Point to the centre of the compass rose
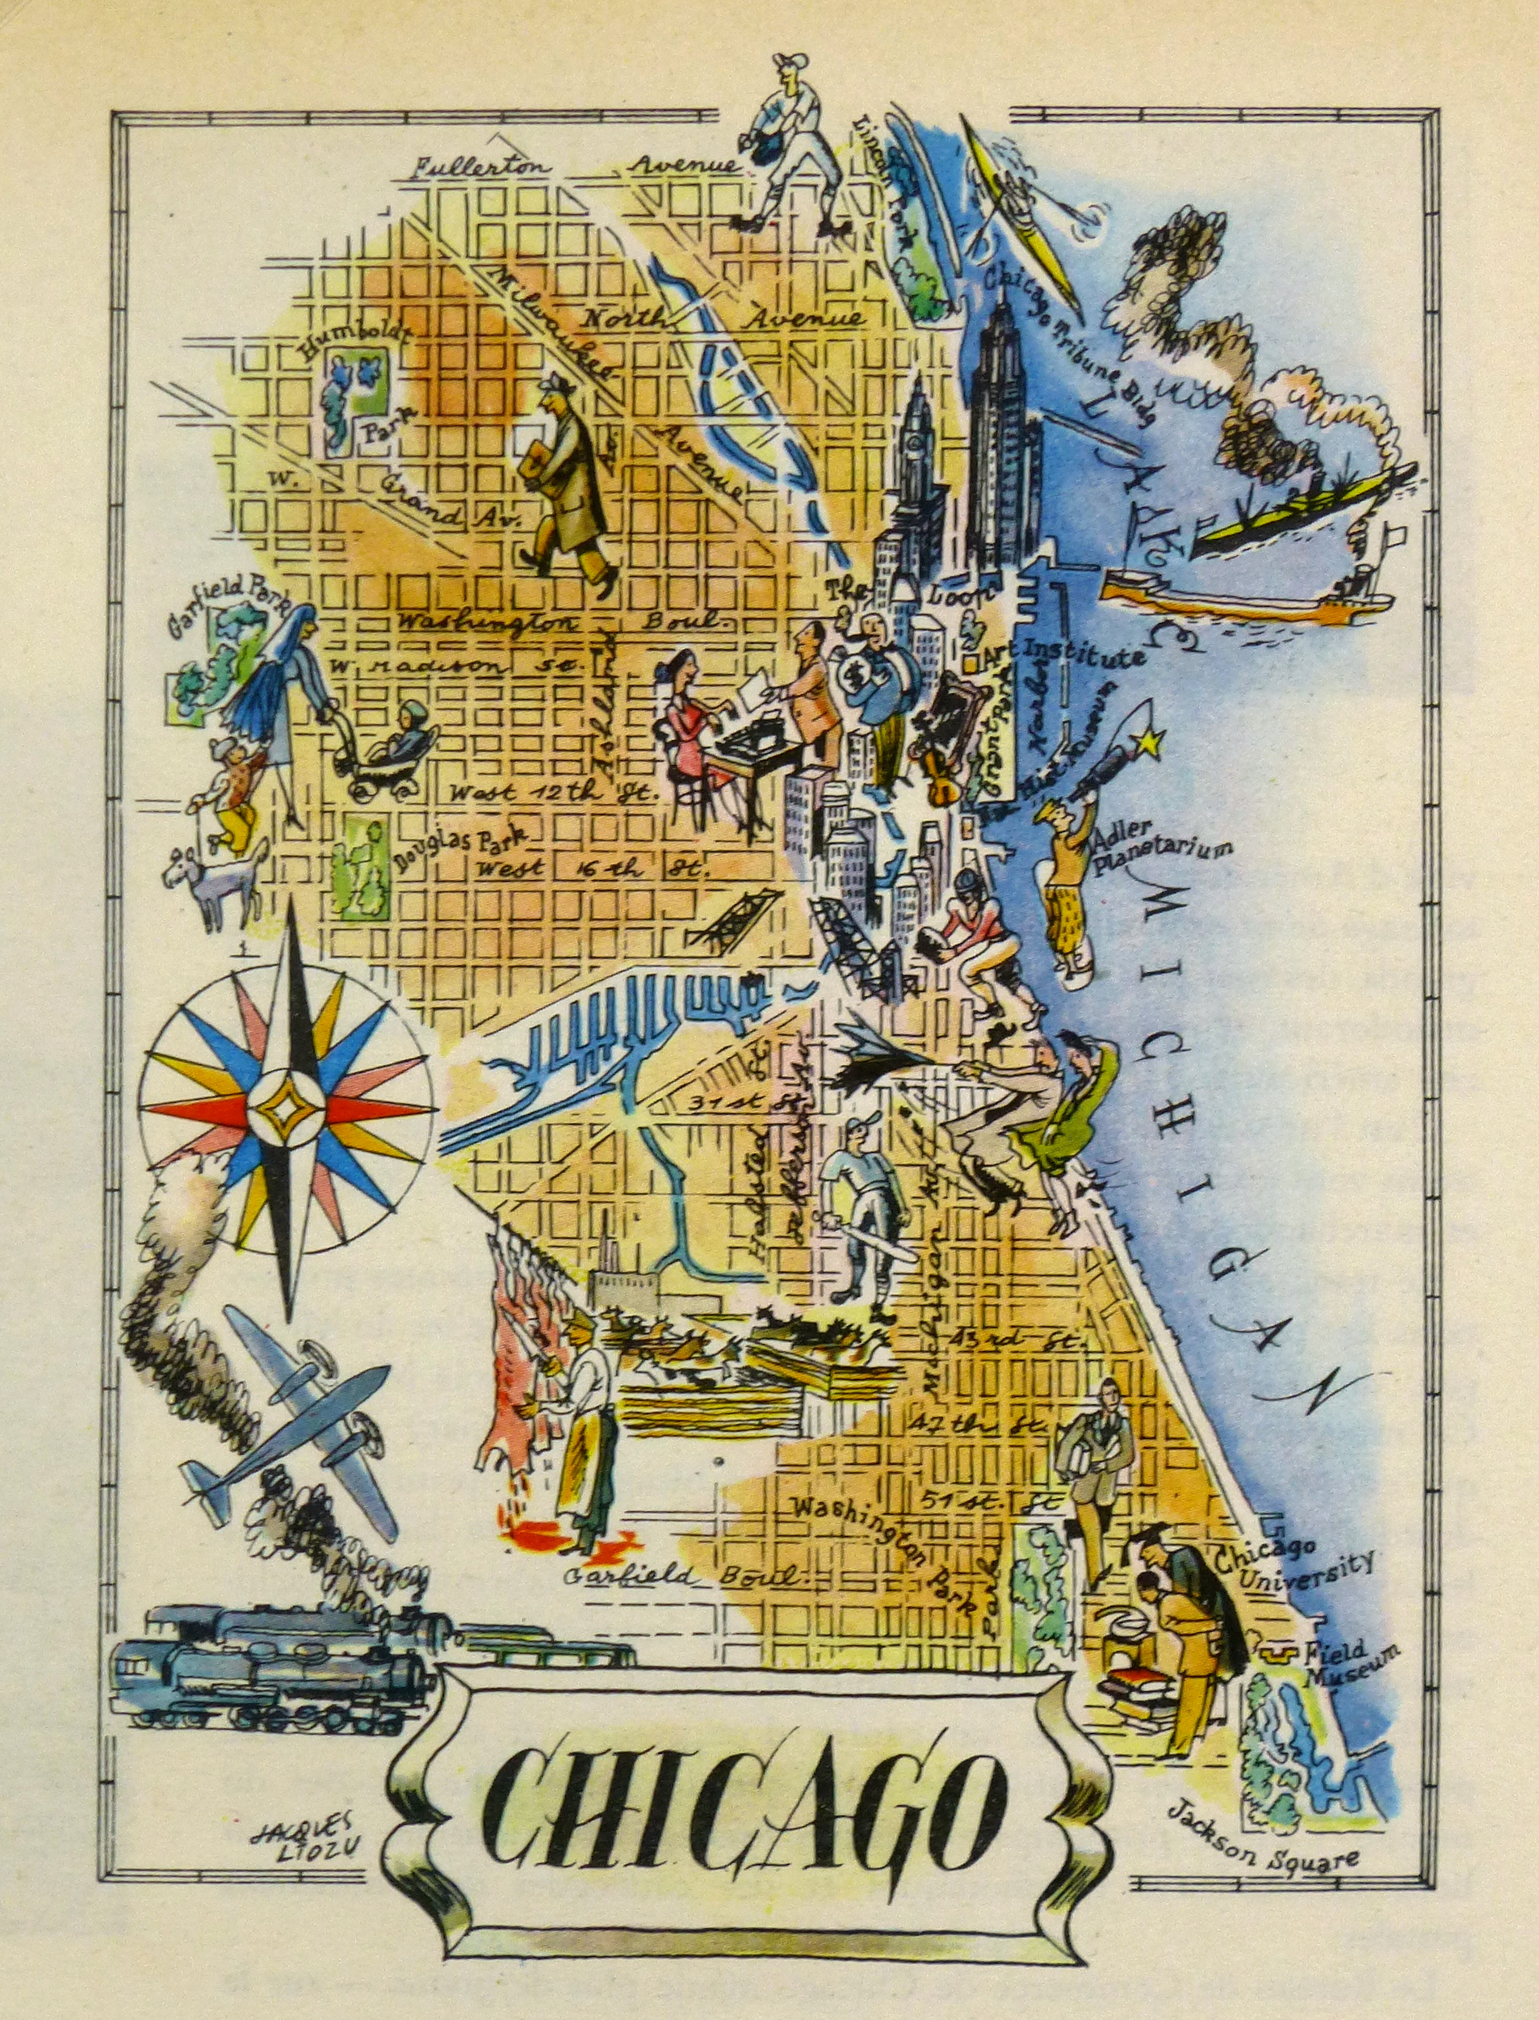click(286, 1110)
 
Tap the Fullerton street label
click(481, 168)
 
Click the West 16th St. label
click(593, 868)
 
